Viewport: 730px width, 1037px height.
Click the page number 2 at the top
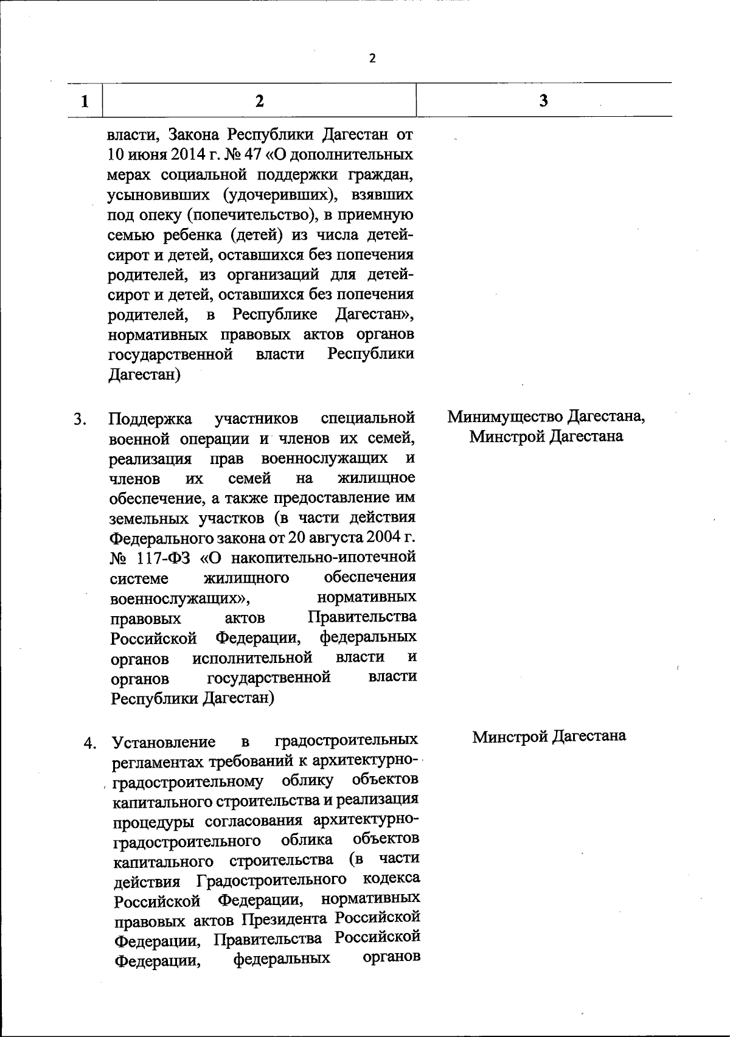(372, 58)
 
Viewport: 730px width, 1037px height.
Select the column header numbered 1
(85, 101)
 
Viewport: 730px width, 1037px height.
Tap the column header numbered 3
(543, 101)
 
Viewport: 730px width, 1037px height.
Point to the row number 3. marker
(80, 419)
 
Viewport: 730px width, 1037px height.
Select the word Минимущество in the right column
(506, 417)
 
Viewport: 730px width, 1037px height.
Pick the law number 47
(270, 155)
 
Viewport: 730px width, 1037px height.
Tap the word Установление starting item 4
(164, 743)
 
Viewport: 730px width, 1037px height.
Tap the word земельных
(148, 518)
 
